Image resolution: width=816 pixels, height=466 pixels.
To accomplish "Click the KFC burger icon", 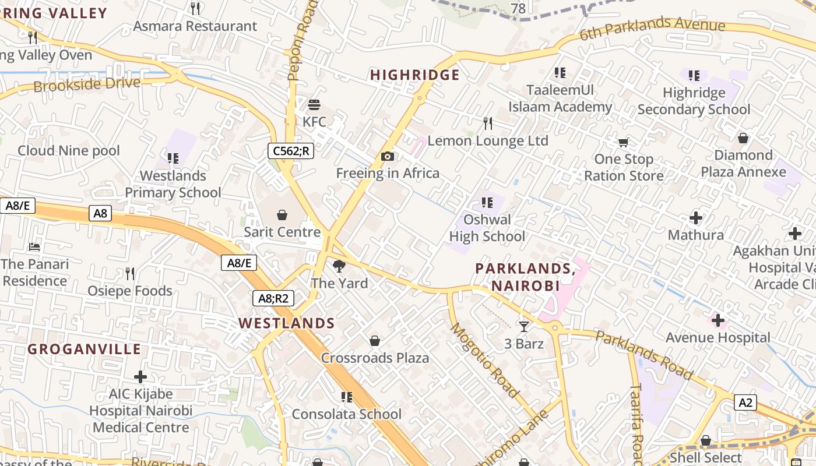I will coord(314,105).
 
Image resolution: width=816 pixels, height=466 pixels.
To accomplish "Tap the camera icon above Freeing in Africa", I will coord(388,156).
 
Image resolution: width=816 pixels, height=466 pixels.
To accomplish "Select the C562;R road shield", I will coord(291,151).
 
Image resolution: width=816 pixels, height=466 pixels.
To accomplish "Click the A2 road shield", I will coord(745,403).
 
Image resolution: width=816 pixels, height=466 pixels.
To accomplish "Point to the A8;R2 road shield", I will coord(273,299).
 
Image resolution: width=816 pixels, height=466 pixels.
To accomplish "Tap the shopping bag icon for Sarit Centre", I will coord(282,215).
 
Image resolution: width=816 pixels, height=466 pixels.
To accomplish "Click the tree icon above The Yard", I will coord(339,267).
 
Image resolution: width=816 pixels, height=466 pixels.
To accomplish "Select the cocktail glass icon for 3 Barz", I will coord(523,327).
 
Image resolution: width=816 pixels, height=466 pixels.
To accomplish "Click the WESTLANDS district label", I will coord(287,323).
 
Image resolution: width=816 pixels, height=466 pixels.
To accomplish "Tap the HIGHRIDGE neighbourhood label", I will coord(415,75).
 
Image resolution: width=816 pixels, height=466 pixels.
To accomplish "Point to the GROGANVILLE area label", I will coord(85,349).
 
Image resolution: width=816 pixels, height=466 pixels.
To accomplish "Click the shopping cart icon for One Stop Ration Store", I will coord(623,142).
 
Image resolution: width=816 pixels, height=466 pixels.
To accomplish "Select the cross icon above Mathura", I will coord(695,218).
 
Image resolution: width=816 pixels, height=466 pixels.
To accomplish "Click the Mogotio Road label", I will coord(484,360).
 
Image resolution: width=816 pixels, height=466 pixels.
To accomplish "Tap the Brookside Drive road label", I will coord(87,84).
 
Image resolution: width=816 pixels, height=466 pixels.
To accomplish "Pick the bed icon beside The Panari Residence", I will coord(34,247).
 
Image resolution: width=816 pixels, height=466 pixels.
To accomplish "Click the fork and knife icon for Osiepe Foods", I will coord(130,273).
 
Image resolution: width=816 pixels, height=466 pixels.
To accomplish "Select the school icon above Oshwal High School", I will coord(487,203).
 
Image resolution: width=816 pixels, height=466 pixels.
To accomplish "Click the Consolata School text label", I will coord(347,414).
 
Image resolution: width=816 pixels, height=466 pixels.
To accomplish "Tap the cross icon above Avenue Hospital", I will coord(718,320).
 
